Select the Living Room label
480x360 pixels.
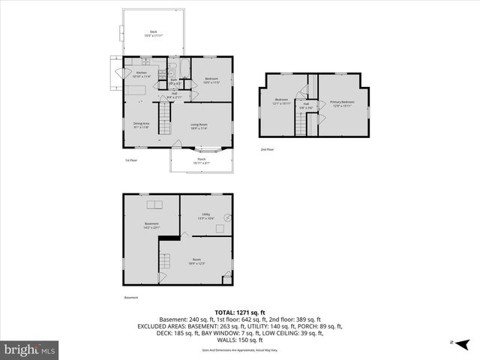(x=199, y=126)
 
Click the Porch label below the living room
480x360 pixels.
(x=201, y=160)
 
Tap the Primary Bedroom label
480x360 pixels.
(x=343, y=103)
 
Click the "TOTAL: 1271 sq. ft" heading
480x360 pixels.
(x=240, y=311)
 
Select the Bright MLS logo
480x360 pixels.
(x=30, y=349)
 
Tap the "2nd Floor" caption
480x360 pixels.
(x=267, y=150)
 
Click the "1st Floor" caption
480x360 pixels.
(x=130, y=160)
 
